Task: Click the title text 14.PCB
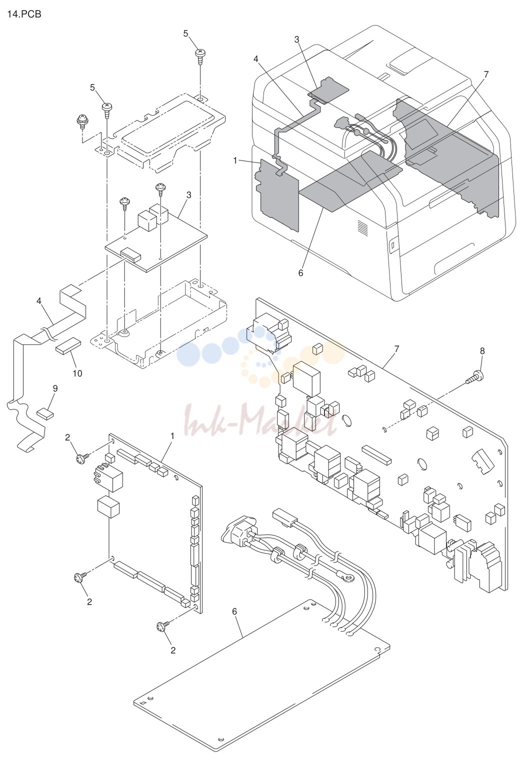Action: [x=24, y=14]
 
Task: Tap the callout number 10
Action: [x=77, y=373]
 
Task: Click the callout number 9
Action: [x=55, y=388]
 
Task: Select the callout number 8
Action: [x=482, y=351]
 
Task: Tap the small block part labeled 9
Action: [x=45, y=413]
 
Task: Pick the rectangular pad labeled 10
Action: [x=68, y=346]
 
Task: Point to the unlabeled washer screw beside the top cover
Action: [x=82, y=121]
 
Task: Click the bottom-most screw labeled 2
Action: [x=161, y=626]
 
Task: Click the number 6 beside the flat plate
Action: [x=234, y=611]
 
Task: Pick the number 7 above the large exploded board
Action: [x=396, y=349]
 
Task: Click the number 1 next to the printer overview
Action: [x=235, y=160]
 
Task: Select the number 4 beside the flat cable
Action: [x=39, y=301]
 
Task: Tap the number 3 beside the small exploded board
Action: [x=189, y=195]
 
